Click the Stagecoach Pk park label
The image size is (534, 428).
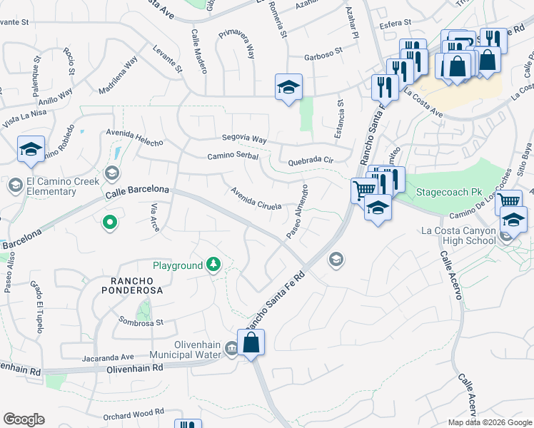[439, 191]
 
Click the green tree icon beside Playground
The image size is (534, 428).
[213, 265]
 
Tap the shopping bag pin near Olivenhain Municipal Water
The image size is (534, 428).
[251, 343]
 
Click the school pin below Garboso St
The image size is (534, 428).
[288, 88]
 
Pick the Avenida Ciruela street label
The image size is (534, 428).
[256, 198]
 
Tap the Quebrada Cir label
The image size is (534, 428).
[311, 161]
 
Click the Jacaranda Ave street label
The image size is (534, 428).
[108, 357]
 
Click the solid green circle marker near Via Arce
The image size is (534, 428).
[109, 224]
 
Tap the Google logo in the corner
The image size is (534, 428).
[24, 419]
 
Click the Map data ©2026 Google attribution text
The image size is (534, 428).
[490, 422]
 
